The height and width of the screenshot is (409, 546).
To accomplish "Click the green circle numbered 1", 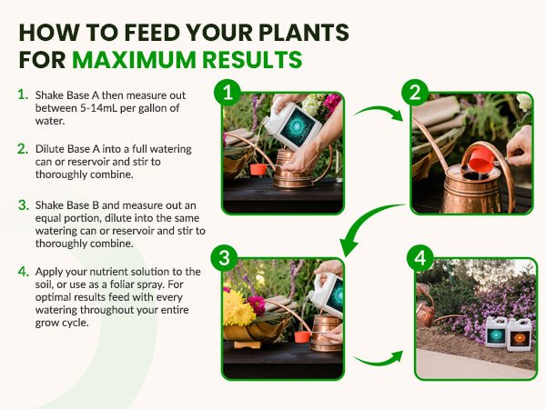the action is (227, 93).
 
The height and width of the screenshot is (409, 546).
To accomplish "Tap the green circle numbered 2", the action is (415, 93).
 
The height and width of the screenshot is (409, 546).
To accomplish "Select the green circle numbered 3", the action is (224, 258).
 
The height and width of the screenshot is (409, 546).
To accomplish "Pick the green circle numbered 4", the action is (420, 258).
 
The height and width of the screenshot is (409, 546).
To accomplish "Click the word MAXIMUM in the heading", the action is (135, 60).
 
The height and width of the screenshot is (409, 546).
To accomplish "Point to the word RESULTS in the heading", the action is (252, 60).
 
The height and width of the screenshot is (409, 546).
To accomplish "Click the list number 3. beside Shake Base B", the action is (24, 204).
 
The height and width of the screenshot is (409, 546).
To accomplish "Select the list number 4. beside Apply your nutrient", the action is (24, 271).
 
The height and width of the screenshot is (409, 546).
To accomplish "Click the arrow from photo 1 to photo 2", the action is (379, 111).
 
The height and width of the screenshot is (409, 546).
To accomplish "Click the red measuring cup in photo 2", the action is (480, 159).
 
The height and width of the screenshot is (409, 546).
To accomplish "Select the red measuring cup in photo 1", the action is (258, 169).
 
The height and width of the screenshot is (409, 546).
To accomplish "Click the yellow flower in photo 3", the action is (238, 308).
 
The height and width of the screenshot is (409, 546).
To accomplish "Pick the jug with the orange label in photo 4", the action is (520, 334).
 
